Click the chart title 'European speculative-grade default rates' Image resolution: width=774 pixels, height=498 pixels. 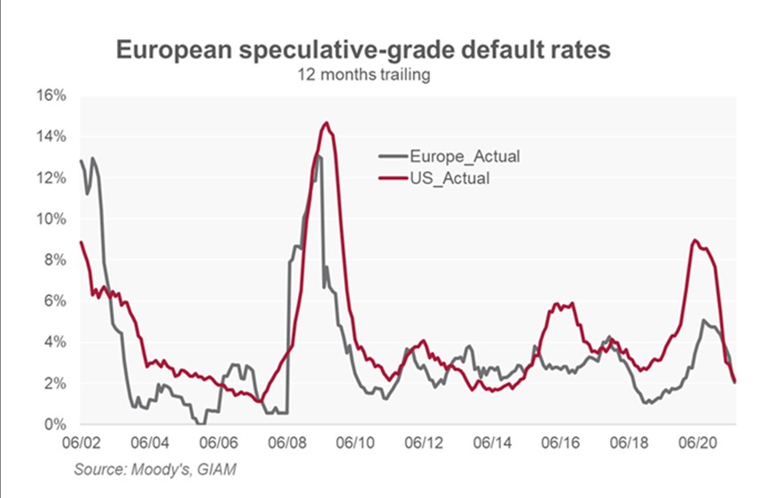[364, 51]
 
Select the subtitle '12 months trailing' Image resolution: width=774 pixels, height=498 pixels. [364, 75]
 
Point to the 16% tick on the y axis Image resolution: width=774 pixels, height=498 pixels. [51, 95]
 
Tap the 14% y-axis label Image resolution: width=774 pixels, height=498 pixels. [51, 136]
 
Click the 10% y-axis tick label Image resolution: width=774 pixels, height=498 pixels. [51, 219]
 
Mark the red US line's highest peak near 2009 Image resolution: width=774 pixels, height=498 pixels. [326, 123]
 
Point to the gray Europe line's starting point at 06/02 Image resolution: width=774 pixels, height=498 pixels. [81, 160]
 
